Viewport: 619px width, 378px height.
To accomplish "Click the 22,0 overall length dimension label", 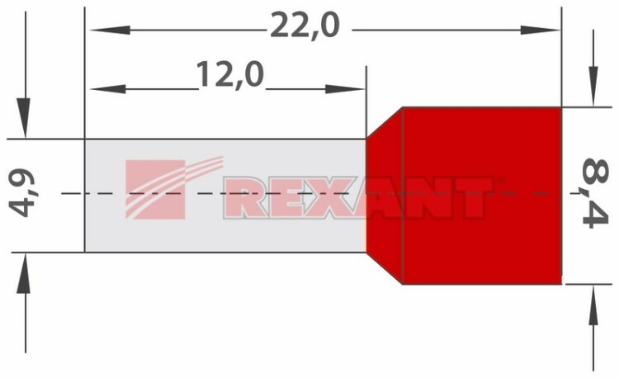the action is click(305, 27).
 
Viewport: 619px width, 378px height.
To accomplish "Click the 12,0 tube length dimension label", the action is click(229, 75).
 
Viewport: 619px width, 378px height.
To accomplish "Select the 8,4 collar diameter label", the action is click(596, 193).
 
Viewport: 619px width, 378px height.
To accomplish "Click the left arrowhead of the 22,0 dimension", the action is click(111, 30).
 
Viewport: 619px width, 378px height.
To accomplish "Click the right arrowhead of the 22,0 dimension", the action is click(540, 30).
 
